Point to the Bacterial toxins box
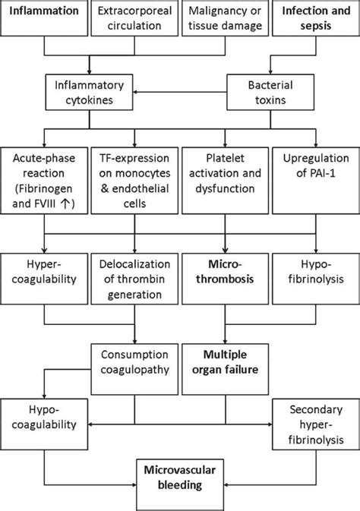point(269,93)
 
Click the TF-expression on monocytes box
point(134,181)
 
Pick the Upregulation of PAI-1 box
point(314,181)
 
